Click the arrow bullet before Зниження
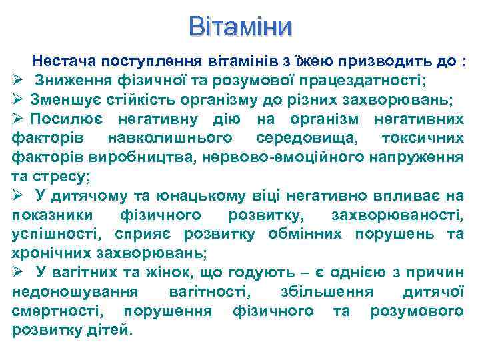click(18, 81)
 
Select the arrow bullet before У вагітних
click(18, 272)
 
